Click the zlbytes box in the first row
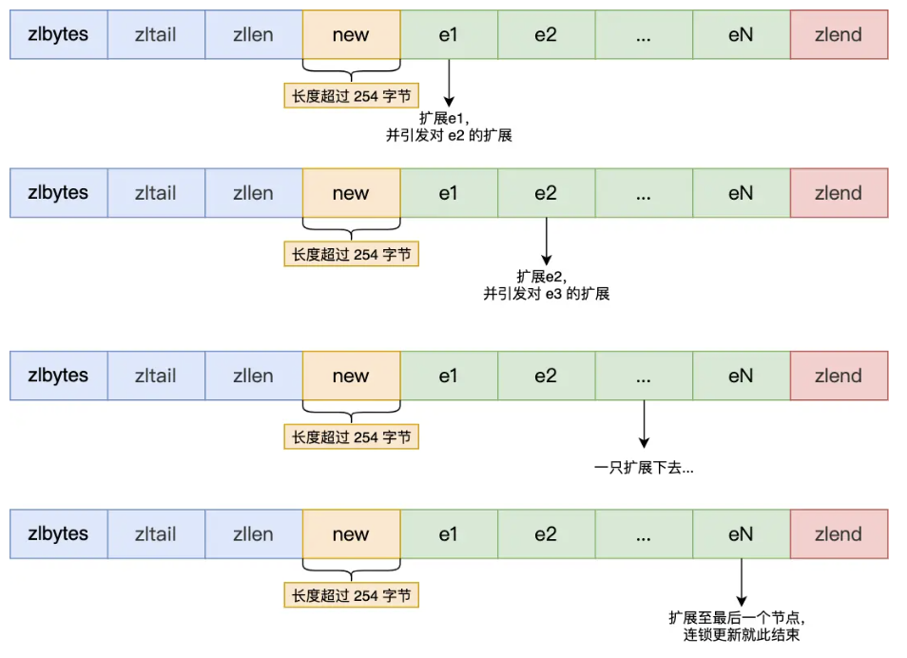pyautogui.click(x=58, y=35)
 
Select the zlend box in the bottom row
pyautogui.click(x=838, y=534)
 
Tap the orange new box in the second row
pyautogui.click(x=351, y=194)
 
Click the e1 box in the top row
pyautogui.click(x=448, y=35)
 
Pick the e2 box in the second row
pyautogui.click(x=546, y=194)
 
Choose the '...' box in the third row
pyautogui.click(x=643, y=376)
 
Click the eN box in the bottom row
pyautogui.click(x=741, y=534)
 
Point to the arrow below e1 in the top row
pyautogui.click(x=448, y=82)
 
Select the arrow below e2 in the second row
pyautogui.click(x=546, y=240)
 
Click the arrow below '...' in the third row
pyautogui.click(x=644, y=422)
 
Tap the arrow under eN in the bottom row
pyautogui.click(x=741, y=580)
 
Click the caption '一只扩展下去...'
pyautogui.click(x=644, y=469)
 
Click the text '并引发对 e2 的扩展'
pyautogui.click(x=449, y=136)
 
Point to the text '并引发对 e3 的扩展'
pyautogui.click(x=547, y=295)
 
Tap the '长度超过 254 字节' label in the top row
pyautogui.click(x=351, y=95)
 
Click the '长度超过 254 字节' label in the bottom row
pyautogui.click(x=351, y=595)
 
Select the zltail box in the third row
pyautogui.click(x=155, y=376)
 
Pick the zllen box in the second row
pyautogui.click(x=253, y=194)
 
